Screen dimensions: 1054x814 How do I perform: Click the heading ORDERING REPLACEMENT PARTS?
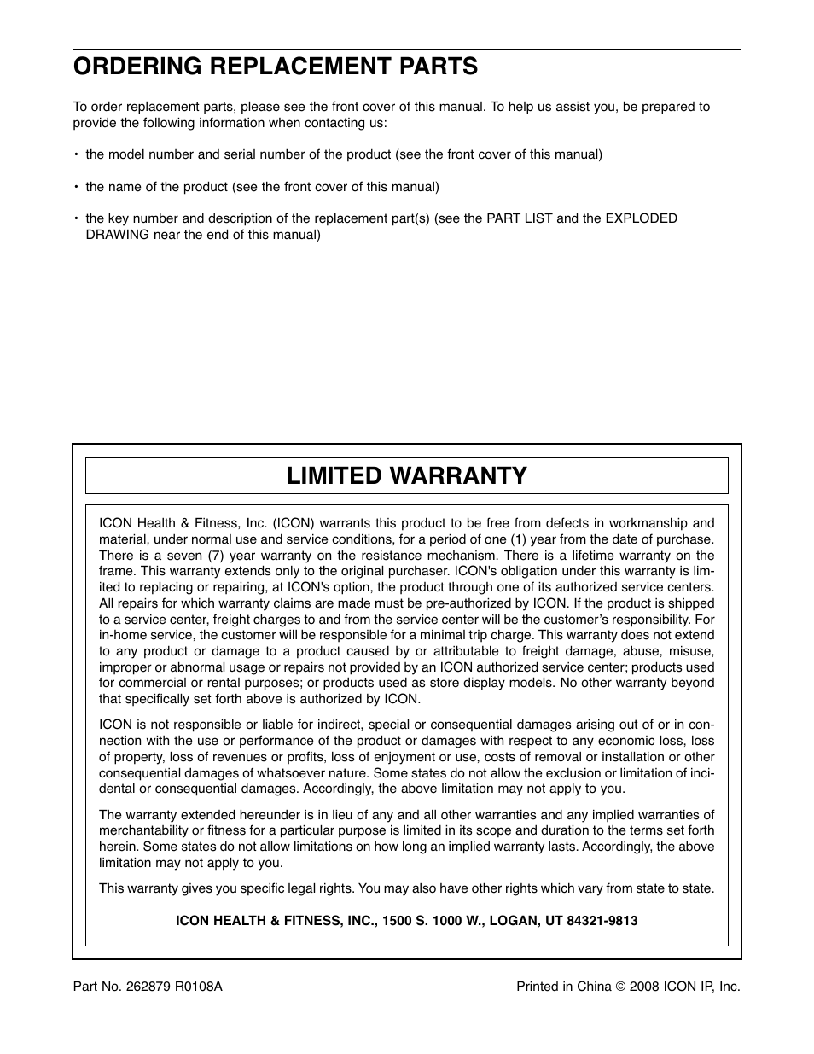point(275,66)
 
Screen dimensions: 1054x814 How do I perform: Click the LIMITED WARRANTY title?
point(406,475)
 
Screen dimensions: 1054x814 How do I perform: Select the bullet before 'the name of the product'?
point(76,187)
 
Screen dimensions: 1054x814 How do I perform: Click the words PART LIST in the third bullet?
point(520,218)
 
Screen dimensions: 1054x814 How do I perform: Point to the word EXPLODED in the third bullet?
point(641,218)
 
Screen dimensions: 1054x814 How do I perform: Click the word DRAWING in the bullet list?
point(118,234)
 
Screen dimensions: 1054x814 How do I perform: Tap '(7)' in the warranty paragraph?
point(217,556)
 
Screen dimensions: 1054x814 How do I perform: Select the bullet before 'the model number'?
point(76,155)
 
